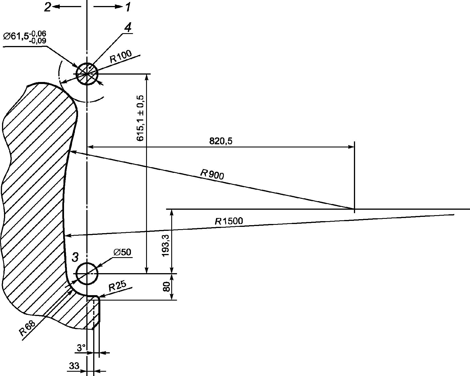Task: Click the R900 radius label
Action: pyautogui.click(x=212, y=175)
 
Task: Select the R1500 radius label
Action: pyautogui.click(x=229, y=221)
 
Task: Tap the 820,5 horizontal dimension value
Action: pyautogui.click(x=221, y=141)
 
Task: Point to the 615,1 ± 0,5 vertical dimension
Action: pyautogui.click(x=140, y=118)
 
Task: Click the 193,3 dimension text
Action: pyautogui.click(x=166, y=245)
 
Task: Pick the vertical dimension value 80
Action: pyautogui.click(x=166, y=287)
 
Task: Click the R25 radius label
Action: pyautogui.click(x=117, y=286)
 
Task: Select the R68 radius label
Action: pyautogui.click(x=27, y=328)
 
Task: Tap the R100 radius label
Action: pyautogui.click(x=121, y=57)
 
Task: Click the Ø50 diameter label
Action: pyautogui.click(x=122, y=252)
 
